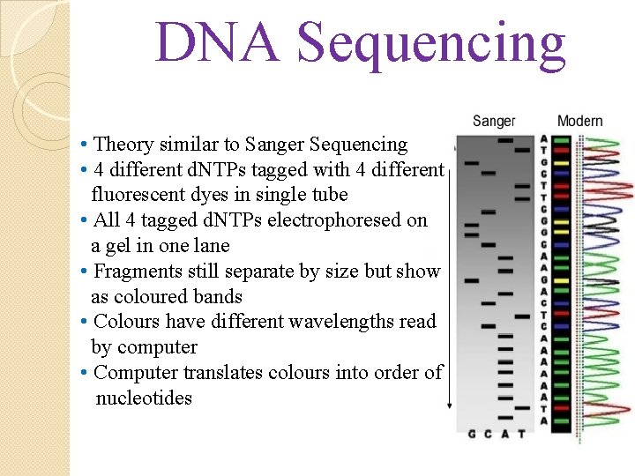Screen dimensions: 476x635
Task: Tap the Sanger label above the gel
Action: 494,121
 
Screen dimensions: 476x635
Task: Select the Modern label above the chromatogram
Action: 579,121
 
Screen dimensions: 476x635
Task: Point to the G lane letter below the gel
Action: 472,434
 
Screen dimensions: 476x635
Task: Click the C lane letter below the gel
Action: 489,434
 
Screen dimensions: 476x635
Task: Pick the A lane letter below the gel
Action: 505,434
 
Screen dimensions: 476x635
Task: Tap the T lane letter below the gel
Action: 521,434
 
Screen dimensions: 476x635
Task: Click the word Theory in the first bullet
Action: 123,145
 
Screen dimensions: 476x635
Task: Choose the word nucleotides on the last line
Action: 144,398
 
